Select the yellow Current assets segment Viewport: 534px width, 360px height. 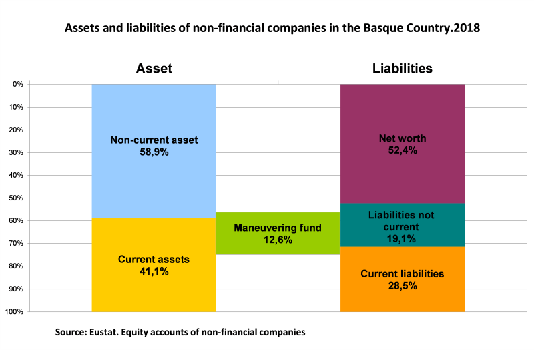click(x=154, y=294)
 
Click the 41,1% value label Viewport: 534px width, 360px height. click(x=154, y=272)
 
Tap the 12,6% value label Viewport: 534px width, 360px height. click(x=278, y=240)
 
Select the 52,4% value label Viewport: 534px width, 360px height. click(x=403, y=150)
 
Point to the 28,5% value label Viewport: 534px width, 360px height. click(x=403, y=285)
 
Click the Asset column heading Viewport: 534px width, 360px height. click(x=154, y=69)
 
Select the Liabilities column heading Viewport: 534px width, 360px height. click(x=403, y=69)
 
